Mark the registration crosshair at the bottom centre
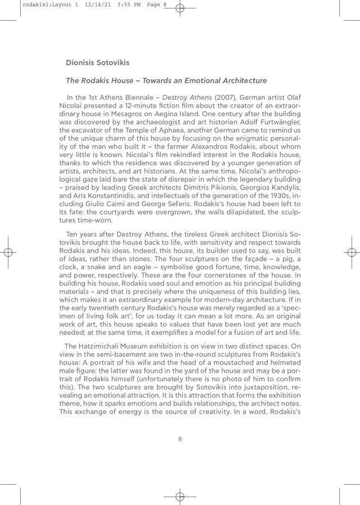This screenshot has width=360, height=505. tap(179, 481)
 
